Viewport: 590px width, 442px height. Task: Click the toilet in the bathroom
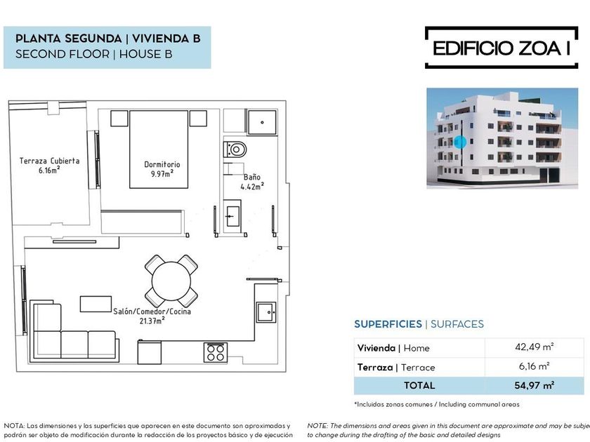[x=235, y=149]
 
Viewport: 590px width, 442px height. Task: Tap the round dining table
[x=171, y=281]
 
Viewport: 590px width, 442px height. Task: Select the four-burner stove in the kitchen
[x=216, y=352]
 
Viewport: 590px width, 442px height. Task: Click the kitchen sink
[x=266, y=312]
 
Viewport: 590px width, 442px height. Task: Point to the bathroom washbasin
[x=232, y=217]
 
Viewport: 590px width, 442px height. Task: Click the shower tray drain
[x=262, y=122]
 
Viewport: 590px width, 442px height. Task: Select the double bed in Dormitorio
[x=159, y=149]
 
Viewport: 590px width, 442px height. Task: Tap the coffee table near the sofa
[x=96, y=304]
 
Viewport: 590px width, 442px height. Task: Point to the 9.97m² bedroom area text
[x=162, y=174]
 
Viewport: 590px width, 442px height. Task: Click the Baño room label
[x=251, y=177]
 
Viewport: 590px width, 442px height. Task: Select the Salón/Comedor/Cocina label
[x=152, y=312]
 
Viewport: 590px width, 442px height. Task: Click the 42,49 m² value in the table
[x=535, y=347]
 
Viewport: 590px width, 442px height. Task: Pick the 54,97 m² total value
[x=535, y=386]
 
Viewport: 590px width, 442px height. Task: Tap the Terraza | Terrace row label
[x=396, y=367]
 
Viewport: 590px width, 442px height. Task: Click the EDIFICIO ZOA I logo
[x=501, y=48]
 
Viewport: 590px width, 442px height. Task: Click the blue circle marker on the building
[x=460, y=142]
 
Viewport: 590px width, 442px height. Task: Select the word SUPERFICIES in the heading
[x=388, y=324]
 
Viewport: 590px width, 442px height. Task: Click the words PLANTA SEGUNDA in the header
[x=69, y=39]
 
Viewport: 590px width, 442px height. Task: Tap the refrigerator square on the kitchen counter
[x=150, y=352]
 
